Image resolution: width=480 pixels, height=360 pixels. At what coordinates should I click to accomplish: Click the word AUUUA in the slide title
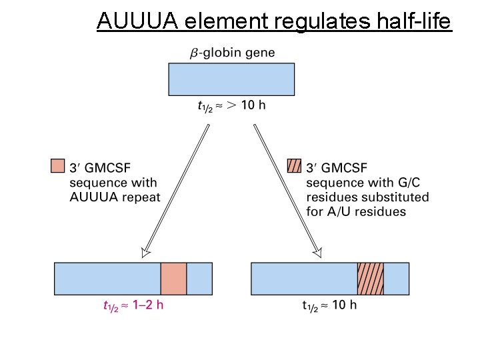point(137,21)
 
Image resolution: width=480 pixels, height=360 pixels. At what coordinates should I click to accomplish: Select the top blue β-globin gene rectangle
point(231,79)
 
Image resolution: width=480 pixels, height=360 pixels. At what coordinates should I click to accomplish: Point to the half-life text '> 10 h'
point(247,105)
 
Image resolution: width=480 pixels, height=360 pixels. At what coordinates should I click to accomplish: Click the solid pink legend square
point(58,165)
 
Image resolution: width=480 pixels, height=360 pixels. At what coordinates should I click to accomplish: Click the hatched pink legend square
point(293,165)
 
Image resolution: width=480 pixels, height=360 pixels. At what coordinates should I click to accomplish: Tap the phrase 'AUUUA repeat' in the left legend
point(115,197)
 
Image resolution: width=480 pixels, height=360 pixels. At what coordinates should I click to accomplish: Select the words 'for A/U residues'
point(356,212)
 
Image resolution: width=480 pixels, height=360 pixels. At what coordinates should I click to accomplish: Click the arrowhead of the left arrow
point(145,253)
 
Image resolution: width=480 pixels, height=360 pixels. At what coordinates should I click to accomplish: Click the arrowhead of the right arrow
point(317,253)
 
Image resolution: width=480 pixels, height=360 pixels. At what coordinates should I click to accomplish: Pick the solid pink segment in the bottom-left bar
point(173,278)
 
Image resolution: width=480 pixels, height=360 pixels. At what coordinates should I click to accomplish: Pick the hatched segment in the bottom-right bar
point(371,278)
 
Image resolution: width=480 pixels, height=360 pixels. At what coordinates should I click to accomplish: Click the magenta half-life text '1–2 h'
point(145,306)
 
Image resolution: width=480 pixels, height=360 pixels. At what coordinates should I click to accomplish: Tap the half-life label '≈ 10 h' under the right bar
point(337,306)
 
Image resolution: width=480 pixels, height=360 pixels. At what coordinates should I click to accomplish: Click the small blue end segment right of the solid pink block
point(199,278)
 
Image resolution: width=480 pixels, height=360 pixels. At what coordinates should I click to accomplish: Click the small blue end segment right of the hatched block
point(397,278)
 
